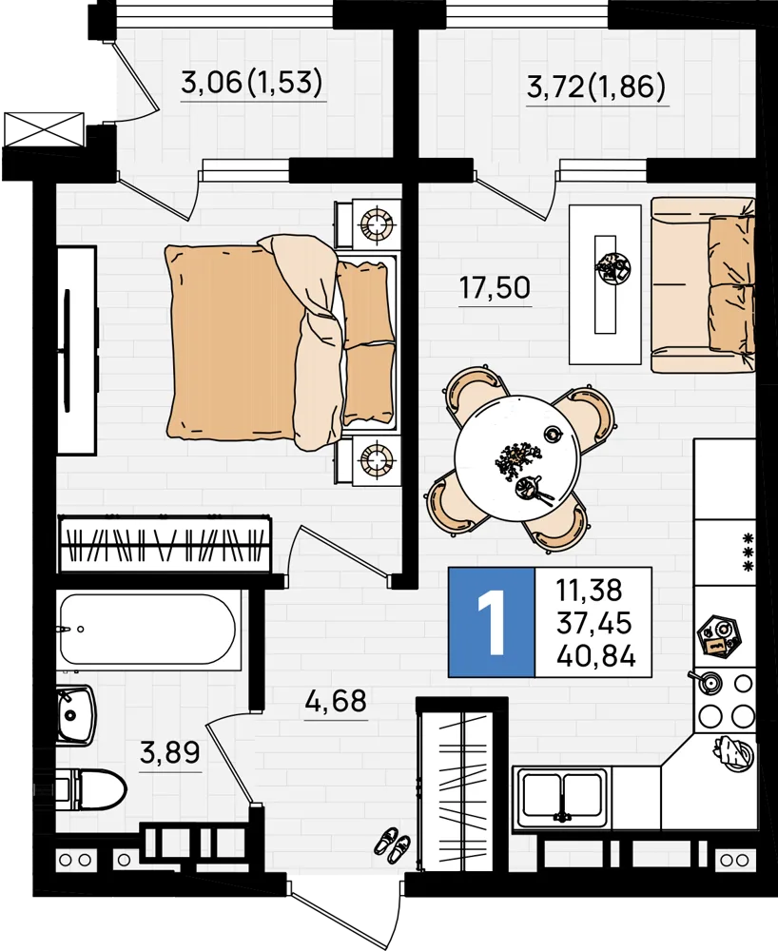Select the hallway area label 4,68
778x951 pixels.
pyautogui.click(x=336, y=701)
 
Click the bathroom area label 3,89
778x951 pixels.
pyautogui.click(x=170, y=752)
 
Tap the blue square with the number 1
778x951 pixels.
pyautogui.click(x=491, y=622)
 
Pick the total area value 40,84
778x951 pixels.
pyautogui.click(x=596, y=655)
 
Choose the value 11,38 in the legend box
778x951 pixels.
pyautogui.click(x=590, y=590)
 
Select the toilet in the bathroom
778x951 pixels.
pyautogui.click(x=91, y=789)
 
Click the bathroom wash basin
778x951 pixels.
pyautogui.click(x=75, y=716)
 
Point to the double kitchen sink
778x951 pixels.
pyautogui.click(x=561, y=797)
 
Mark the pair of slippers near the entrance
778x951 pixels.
pyautogui.click(x=392, y=844)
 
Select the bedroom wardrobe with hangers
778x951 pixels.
pyautogui.click(x=165, y=543)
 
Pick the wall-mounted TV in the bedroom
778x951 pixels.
pyautogui.click(x=67, y=351)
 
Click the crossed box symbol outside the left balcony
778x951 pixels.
pyautogui.click(x=44, y=129)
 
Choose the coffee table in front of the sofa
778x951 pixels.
pyautogui.click(x=605, y=284)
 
